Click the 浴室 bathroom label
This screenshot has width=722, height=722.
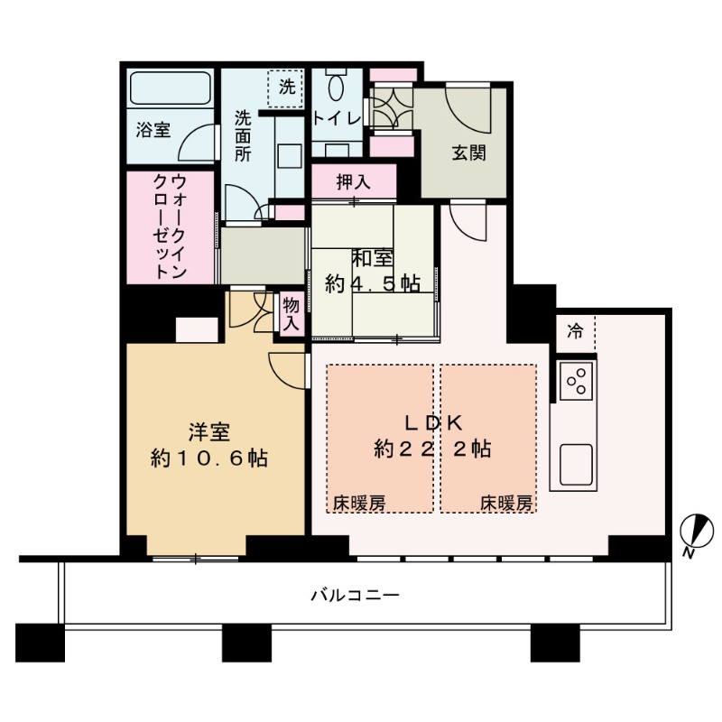pos(153,130)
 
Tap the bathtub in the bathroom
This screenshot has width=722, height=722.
pos(170,90)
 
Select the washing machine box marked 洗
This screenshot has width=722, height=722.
pos(287,88)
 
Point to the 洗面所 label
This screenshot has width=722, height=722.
pos(244,135)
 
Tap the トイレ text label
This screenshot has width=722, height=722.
pos(337,117)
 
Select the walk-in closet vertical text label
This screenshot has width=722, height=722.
pos(169,226)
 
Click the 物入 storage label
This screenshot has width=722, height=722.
pos(291,314)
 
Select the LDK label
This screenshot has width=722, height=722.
pos(432,421)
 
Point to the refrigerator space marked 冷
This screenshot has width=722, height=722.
pos(574,331)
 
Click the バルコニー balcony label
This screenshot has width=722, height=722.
pos(355,595)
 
